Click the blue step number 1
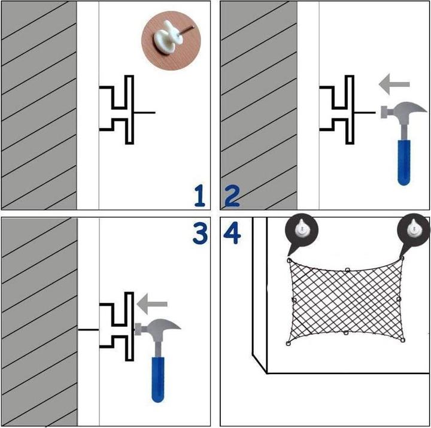point(200,196)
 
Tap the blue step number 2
point(232,196)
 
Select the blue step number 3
point(200,233)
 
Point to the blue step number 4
point(232,233)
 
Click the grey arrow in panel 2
point(394,84)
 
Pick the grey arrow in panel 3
point(152,303)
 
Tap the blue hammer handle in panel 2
point(404,162)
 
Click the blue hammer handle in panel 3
point(158,380)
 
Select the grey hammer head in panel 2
point(404,110)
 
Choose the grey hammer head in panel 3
point(158,327)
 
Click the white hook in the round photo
point(168,38)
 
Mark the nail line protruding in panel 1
point(145,113)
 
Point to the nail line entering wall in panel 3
point(89,329)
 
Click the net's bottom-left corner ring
point(289,344)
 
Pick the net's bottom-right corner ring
point(403,341)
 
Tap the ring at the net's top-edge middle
point(347,270)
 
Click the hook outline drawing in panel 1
point(117,110)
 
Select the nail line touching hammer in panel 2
point(365,113)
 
